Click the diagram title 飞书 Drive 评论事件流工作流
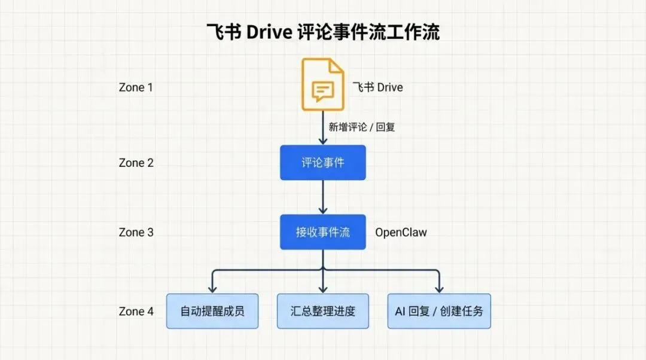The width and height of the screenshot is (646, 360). pyautogui.click(x=323, y=32)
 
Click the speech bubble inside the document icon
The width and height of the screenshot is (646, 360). pyautogui.click(x=322, y=91)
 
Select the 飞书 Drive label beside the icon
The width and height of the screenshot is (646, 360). pyautogui.click(x=377, y=87)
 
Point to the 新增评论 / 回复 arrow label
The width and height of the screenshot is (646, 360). pyautogui.click(x=362, y=127)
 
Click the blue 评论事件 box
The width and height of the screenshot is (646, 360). pyautogui.click(x=322, y=162)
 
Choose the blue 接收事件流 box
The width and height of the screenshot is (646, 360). pyautogui.click(x=322, y=232)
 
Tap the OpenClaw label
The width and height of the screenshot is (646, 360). pyautogui.click(x=401, y=232)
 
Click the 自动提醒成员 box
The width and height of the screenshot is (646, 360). pyautogui.click(x=212, y=311)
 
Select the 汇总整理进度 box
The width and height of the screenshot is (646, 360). pyautogui.click(x=323, y=311)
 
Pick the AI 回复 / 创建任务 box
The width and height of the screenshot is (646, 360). pyautogui.click(x=439, y=311)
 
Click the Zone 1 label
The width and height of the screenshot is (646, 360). pyautogui.click(x=136, y=87)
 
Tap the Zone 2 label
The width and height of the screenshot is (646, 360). pyautogui.click(x=136, y=163)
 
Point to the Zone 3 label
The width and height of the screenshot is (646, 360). pyautogui.click(x=136, y=232)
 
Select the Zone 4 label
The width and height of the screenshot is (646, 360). pyautogui.click(x=136, y=311)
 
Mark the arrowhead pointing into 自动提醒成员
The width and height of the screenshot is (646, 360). pyautogui.click(x=212, y=289)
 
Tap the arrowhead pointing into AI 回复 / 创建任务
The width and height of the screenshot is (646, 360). pyautogui.click(x=439, y=289)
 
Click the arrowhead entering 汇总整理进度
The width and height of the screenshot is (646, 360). pyautogui.click(x=323, y=289)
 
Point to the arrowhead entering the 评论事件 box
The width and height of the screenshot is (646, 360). pyautogui.click(x=323, y=141)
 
